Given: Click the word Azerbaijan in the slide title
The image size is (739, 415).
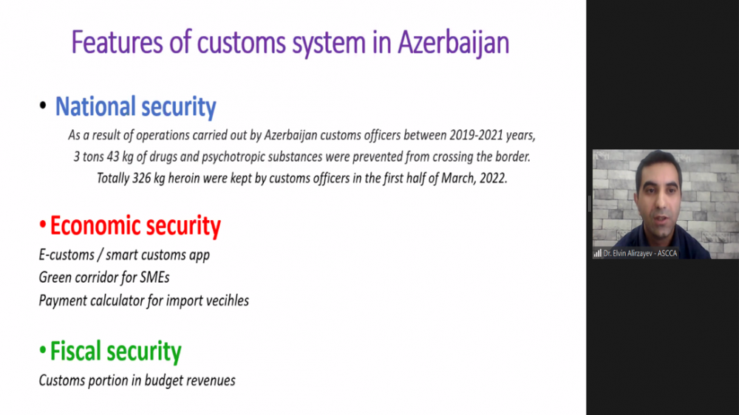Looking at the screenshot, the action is pyautogui.click(x=453, y=43).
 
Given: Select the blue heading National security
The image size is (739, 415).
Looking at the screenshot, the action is pyautogui.click(x=136, y=106).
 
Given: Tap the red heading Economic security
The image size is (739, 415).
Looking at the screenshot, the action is pyautogui.click(x=135, y=226).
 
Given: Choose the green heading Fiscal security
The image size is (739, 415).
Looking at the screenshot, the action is pyautogui.click(x=115, y=351).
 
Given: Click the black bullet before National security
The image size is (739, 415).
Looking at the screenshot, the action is pyautogui.click(x=43, y=106).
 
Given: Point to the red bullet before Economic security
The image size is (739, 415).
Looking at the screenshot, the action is pyautogui.click(x=42, y=225).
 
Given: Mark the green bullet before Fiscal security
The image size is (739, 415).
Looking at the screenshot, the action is pyautogui.click(x=42, y=350).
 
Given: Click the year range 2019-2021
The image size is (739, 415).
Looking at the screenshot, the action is pyautogui.click(x=476, y=135).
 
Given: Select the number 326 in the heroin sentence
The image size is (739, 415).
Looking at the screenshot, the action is pyautogui.click(x=141, y=178).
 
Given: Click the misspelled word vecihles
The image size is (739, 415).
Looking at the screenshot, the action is pyautogui.click(x=227, y=301).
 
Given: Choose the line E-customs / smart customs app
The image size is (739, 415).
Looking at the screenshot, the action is pyautogui.click(x=124, y=255).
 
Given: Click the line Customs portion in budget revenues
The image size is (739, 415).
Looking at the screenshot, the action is pyautogui.click(x=137, y=380).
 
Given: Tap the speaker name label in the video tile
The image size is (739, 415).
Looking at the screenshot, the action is pyautogui.click(x=640, y=253).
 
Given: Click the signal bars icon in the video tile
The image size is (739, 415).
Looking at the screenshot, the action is pyautogui.click(x=598, y=253).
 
